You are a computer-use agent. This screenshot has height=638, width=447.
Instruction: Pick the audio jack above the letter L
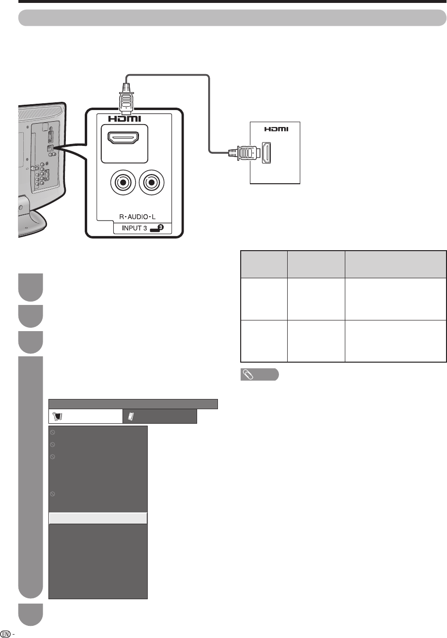tap(152, 183)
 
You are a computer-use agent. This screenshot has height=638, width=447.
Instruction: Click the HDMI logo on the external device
tap(275, 129)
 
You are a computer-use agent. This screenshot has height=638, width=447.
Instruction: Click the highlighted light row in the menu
tap(98, 518)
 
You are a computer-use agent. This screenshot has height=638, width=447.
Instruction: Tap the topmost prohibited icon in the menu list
tap(52, 432)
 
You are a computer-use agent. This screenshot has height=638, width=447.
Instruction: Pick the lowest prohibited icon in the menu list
tap(52, 494)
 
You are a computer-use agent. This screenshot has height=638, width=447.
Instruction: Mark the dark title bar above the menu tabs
tap(133, 404)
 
